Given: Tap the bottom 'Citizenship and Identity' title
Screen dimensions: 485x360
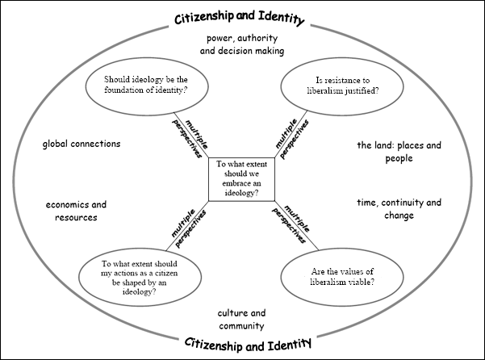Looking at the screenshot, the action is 248,344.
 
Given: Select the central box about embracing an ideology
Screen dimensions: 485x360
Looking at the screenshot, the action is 241,179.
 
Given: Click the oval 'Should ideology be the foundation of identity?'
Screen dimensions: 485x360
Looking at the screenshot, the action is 147,86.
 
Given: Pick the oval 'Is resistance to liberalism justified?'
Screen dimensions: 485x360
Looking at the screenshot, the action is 342,86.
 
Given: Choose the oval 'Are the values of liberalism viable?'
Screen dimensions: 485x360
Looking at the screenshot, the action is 342,277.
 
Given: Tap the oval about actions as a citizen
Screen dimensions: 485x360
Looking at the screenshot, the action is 140,277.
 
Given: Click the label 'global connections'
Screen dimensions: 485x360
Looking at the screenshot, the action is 82,144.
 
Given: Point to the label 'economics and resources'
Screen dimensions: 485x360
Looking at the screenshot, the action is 76,211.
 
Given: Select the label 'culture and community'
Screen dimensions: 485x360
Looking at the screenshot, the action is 241,319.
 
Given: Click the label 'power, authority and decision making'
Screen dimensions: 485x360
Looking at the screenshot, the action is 242,44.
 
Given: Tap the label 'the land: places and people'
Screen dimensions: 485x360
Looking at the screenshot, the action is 399,152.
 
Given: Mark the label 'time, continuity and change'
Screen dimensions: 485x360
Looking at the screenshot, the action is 399,209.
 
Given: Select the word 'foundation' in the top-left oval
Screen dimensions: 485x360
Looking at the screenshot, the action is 119,90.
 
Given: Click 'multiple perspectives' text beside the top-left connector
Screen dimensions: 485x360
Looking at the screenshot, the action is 190,138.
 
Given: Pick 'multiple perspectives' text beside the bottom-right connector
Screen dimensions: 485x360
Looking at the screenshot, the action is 291,224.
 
